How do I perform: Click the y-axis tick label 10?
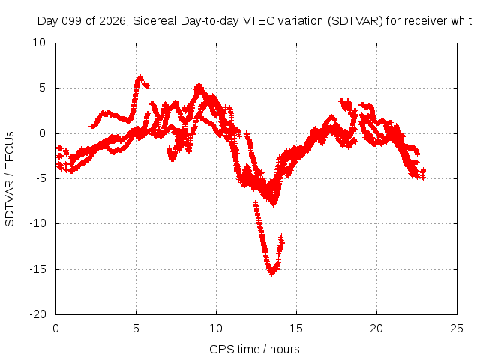pos(39,43)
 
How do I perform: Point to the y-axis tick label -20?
pos(38,314)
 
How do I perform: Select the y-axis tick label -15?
pos(38,269)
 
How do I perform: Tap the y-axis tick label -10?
pos(38,223)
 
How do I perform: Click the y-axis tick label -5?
pos(41,178)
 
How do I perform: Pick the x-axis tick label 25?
pos(457,328)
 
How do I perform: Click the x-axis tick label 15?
pos(296,328)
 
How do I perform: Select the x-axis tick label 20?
pos(376,328)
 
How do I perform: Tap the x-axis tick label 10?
pos(216,328)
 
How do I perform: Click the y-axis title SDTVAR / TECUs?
pos(10,179)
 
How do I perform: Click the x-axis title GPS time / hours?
pos(254,349)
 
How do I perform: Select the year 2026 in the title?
pos(112,21)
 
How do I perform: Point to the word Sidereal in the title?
pos(154,21)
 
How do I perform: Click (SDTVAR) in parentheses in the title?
pos(355,21)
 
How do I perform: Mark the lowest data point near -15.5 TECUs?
pos(271,272)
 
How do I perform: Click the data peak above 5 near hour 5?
pos(140,76)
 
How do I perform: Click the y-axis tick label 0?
pos(43,133)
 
